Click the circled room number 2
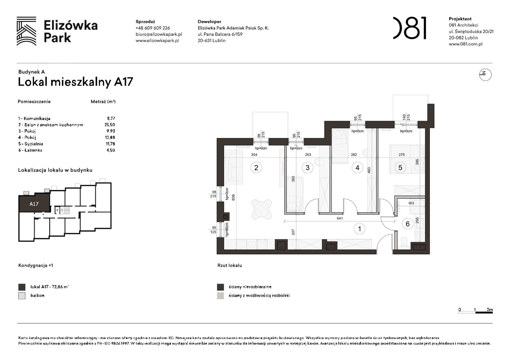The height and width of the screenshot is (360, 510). click(256, 168)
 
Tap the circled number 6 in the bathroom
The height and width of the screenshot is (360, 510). click(407, 224)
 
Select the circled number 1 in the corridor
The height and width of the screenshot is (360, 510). click(360, 229)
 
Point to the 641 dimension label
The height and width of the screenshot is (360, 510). click(340, 218)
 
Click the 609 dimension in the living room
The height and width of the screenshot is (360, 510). click(233, 197)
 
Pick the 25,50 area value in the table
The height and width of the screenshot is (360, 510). click(110, 125)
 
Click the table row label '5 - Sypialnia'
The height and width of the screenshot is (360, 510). click(31, 144)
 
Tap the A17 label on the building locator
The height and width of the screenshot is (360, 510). click(34, 204)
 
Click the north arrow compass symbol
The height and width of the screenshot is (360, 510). click(485, 75)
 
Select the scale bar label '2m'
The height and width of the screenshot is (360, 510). click(490, 309)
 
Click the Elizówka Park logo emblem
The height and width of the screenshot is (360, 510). click(27, 31)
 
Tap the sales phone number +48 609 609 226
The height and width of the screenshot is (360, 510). click(152, 28)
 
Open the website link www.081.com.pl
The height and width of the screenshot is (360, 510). click(465, 44)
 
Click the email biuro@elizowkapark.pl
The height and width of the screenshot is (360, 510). click(159, 34)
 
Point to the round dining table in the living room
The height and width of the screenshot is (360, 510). click(261, 209)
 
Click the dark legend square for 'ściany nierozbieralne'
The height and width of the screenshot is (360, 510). click(220, 287)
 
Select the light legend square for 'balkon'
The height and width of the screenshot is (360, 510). click(22, 296)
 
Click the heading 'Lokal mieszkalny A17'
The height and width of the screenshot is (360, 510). click(75, 82)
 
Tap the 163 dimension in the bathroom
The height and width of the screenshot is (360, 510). click(411, 203)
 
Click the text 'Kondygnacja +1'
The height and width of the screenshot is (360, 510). click(36, 265)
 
